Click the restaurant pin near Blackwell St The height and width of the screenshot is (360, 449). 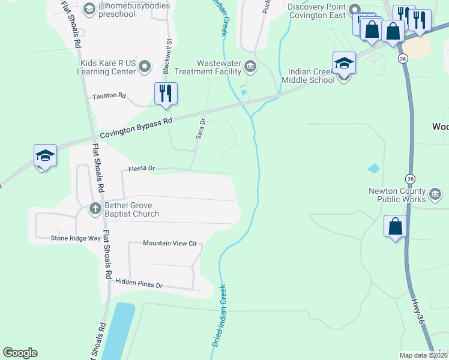[x=165, y=94]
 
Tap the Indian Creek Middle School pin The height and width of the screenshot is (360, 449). [x=344, y=64]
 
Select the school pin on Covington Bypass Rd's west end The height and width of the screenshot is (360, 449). [x=45, y=157]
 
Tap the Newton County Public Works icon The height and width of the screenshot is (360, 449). [x=435, y=194]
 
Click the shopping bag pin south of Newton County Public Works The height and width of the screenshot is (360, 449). [x=395, y=227]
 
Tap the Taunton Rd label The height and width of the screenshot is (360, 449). [x=109, y=95]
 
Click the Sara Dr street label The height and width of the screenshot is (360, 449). [x=201, y=129]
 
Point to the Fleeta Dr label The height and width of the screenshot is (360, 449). [x=140, y=169]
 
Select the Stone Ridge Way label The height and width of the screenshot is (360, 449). [x=76, y=238]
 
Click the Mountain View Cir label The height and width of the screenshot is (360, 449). [x=170, y=244]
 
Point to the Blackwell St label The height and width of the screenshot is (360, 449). [x=167, y=57]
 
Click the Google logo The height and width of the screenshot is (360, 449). [x=20, y=353]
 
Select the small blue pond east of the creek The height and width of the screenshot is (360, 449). [x=373, y=169]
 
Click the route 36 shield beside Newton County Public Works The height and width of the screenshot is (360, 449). [x=410, y=179]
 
